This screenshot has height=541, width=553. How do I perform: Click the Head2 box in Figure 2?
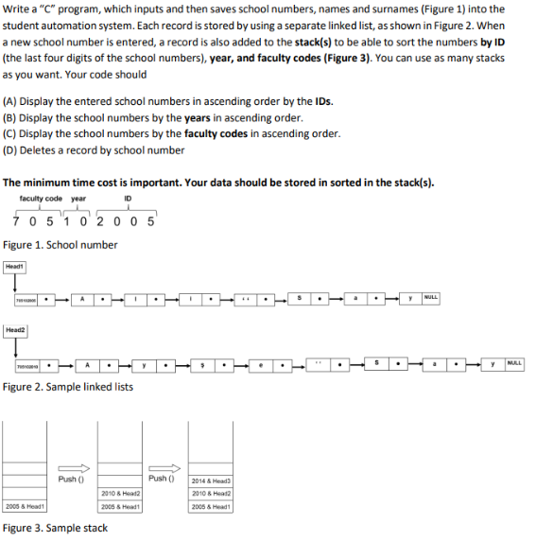point(16,330)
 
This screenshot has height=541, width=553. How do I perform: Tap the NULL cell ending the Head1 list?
point(431,299)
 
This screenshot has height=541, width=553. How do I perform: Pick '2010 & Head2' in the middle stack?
point(120,494)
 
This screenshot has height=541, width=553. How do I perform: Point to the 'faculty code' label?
point(41,199)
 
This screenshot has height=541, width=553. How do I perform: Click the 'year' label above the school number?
point(78,199)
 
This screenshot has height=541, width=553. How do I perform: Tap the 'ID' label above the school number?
point(128,199)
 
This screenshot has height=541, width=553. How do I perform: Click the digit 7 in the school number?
point(19,222)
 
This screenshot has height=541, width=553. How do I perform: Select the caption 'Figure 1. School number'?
point(60,245)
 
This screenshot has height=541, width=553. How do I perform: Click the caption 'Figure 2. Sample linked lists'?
point(68,387)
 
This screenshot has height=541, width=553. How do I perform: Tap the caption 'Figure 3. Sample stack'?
point(55,528)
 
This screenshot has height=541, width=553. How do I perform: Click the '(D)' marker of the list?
point(13,150)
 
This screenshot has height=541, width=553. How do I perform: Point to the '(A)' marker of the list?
point(13,102)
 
